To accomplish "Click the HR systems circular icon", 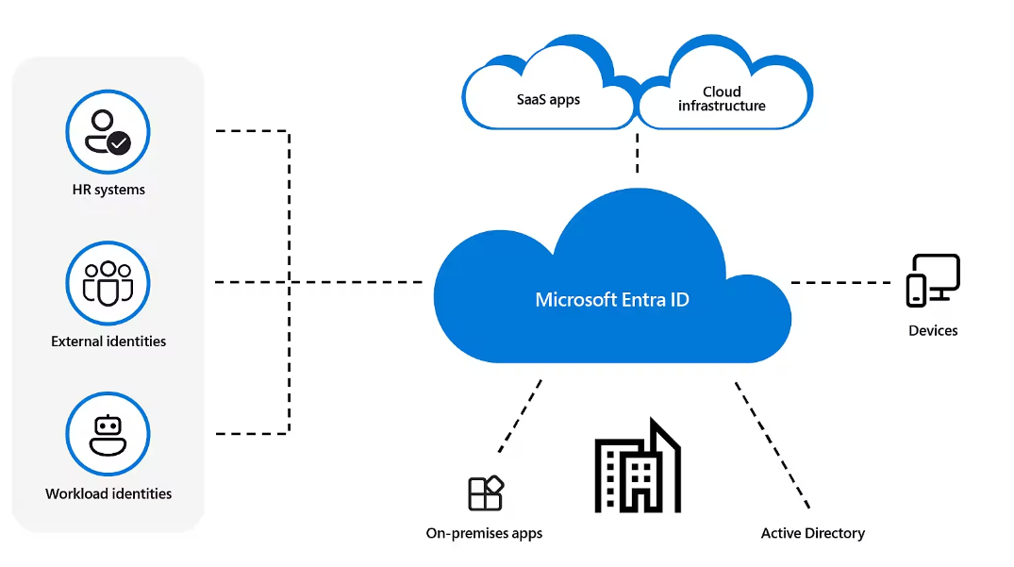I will pyautogui.click(x=108, y=132).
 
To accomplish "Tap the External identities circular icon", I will pyautogui.click(x=108, y=283).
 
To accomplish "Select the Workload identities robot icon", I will pyautogui.click(x=108, y=435).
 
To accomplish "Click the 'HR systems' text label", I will pyautogui.click(x=108, y=190).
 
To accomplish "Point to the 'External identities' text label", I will pyautogui.click(x=108, y=342).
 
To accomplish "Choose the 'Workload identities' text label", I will pyautogui.click(x=108, y=493).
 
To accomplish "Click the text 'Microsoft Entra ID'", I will pyautogui.click(x=612, y=300).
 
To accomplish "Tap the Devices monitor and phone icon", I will pyautogui.click(x=933, y=279).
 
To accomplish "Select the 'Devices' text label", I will pyautogui.click(x=933, y=330).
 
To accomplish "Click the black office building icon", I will pyautogui.click(x=638, y=466).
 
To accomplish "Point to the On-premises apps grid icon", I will pyautogui.click(x=486, y=493).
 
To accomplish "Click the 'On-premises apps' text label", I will pyautogui.click(x=484, y=533).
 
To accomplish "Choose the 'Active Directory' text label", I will pyautogui.click(x=812, y=533).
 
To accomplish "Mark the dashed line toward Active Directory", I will pyautogui.click(x=772, y=443).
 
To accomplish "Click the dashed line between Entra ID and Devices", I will pyautogui.click(x=840, y=282).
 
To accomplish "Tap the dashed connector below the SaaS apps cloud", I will pyautogui.click(x=638, y=153).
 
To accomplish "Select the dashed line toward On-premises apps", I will pyautogui.click(x=520, y=415).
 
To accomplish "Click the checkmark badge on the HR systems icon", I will pyautogui.click(x=119, y=143).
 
